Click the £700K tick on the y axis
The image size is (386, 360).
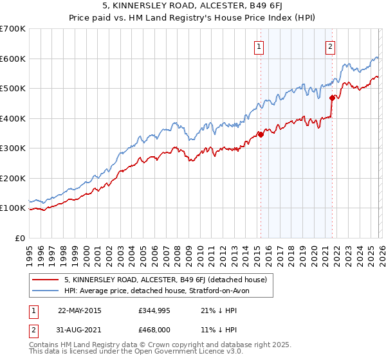pos(13,29)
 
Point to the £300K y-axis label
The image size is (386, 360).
pos(13,148)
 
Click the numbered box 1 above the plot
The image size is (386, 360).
pos(259,46)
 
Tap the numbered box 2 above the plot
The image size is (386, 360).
pos(330,46)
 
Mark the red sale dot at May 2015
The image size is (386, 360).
pos(261,134)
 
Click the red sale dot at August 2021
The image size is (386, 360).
pos(332,98)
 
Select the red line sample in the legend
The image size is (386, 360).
pos(46,280)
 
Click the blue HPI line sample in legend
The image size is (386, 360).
pos(46,291)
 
